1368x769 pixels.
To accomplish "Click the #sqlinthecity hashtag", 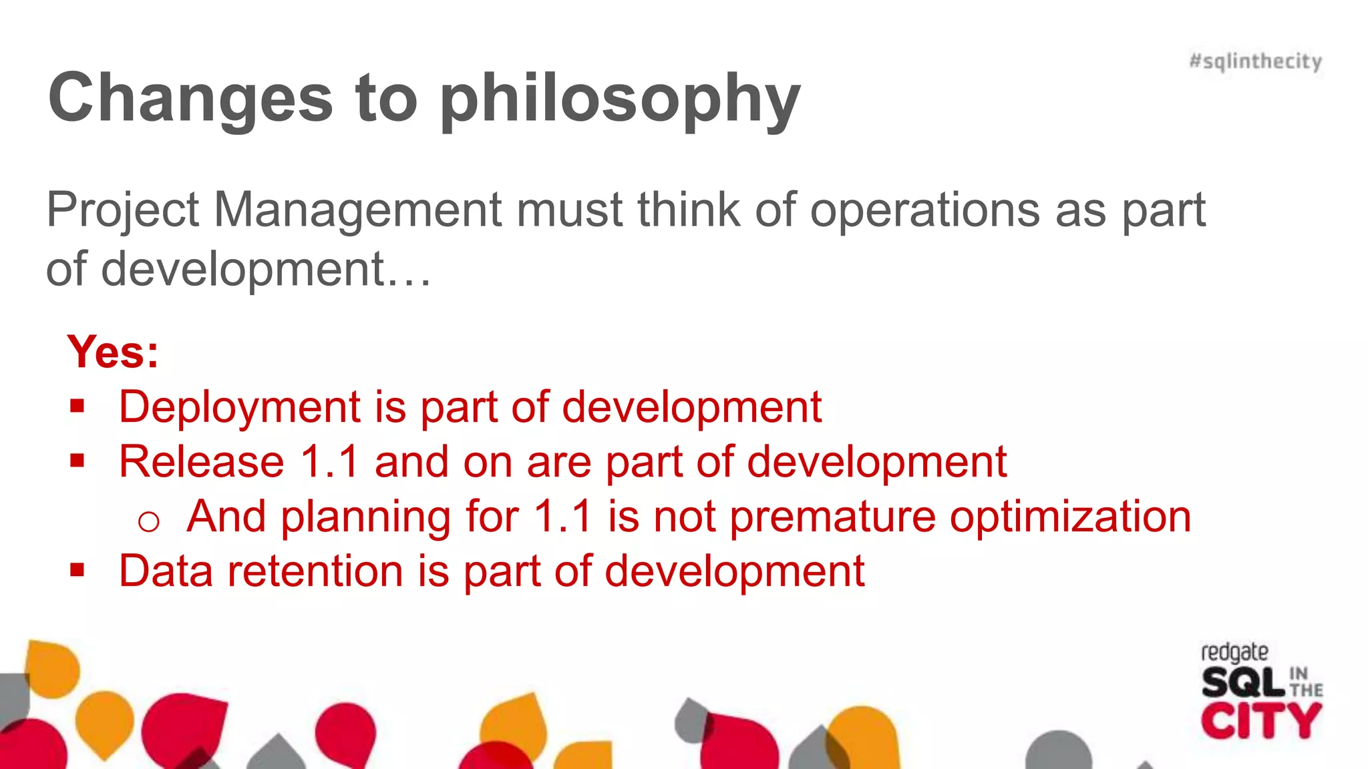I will click(x=1255, y=61).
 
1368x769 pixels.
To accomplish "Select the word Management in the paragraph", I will click(x=357, y=210).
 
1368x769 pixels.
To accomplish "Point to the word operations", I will click(x=925, y=210).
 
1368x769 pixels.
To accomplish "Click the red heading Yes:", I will click(x=113, y=352).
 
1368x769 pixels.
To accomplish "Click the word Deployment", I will click(x=240, y=407).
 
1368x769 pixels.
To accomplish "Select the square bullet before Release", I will click(x=77, y=461).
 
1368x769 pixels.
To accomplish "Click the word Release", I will click(x=202, y=462).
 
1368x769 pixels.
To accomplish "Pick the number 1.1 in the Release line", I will click(x=330, y=462).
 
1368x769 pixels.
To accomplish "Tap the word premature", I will click(x=832, y=517).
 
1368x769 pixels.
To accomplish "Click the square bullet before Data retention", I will click(x=77, y=570).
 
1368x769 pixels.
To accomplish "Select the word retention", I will click(x=315, y=571).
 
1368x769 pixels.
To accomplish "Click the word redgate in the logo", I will click(x=1234, y=652).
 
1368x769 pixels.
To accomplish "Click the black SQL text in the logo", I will click(x=1242, y=684).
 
